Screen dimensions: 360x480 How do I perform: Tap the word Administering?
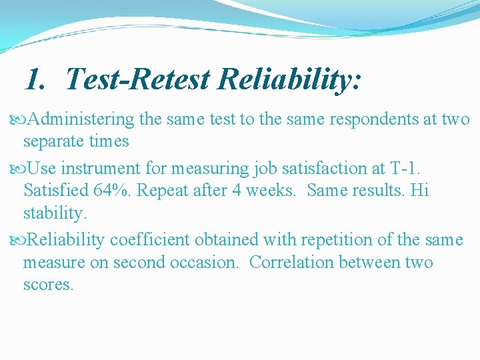[82, 119]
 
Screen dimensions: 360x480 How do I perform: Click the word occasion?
[206, 263]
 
